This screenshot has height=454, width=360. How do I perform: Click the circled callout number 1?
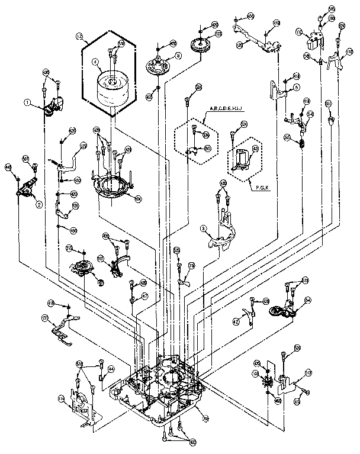pos(27,102)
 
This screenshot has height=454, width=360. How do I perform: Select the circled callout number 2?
pos(39,205)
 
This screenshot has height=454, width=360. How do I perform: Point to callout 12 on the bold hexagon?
pos(79,36)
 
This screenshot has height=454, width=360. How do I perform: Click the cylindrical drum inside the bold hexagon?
pos(112,87)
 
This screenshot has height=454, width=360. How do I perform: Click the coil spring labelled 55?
pos(303,142)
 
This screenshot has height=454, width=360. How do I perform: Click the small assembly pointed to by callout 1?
pos(52,107)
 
